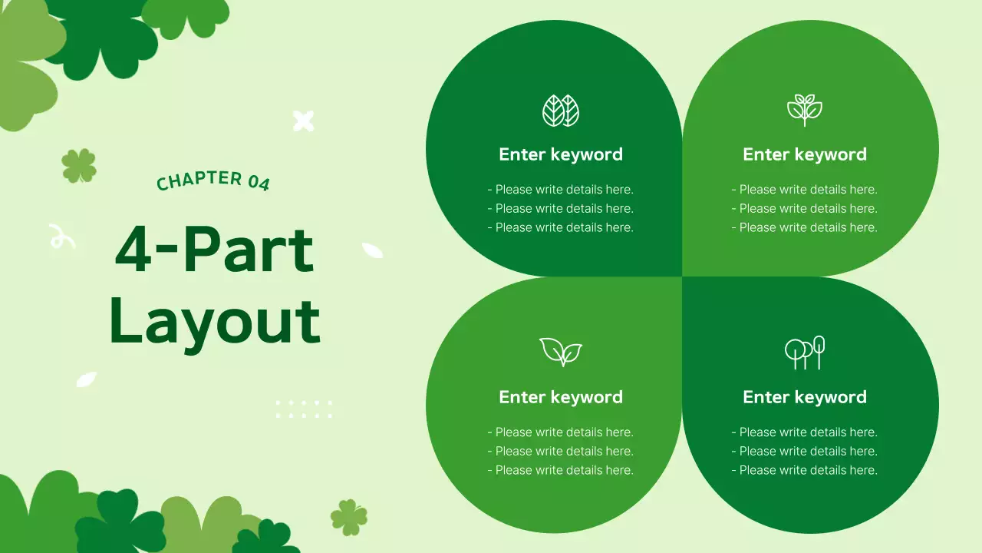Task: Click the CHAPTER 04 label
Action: [213, 180]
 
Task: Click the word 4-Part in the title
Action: [214, 250]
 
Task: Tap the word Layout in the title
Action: [215, 320]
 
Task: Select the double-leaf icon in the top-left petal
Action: [561, 111]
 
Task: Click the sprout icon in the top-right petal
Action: [805, 110]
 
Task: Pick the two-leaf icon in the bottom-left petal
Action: [561, 352]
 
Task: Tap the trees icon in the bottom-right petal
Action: [805, 353]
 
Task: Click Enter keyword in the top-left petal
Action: [561, 154]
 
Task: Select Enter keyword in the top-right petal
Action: [805, 154]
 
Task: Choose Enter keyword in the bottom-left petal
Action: [561, 397]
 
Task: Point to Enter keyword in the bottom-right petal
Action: [805, 397]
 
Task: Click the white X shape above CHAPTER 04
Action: [304, 121]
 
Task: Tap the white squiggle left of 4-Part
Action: [61, 237]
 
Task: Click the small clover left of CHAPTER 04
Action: [79, 166]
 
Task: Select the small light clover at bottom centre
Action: [349, 517]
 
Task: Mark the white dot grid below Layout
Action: [304, 409]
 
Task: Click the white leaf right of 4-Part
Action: [372, 250]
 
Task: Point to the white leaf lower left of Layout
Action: [87, 379]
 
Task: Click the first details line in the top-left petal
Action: [561, 190]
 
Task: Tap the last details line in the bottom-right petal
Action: [805, 470]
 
